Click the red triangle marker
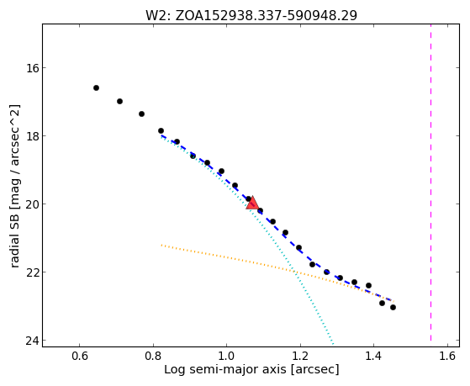click(252, 203)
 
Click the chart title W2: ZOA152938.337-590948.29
click(251, 16)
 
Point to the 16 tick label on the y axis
click(33, 68)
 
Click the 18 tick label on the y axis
click(33, 136)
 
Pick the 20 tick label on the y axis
click(33, 204)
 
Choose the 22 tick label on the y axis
click(33, 272)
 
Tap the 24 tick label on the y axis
click(33, 340)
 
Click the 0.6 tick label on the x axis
click(79, 357)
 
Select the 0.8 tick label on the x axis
click(153, 357)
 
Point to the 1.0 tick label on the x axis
click(227, 357)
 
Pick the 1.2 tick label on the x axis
click(300, 357)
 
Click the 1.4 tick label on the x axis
click(373, 357)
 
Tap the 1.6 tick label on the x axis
click(447, 357)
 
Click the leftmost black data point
click(96, 87)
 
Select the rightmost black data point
click(393, 308)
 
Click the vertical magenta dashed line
click(431, 182)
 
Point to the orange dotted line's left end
click(161, 245)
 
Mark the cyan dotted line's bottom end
click(333, 344)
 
